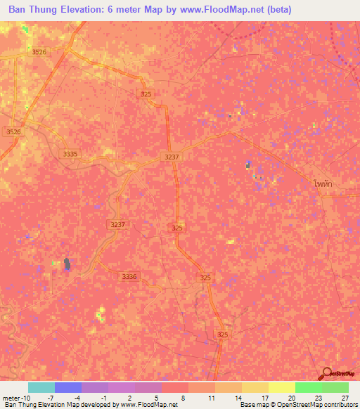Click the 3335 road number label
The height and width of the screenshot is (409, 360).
coord(70,153)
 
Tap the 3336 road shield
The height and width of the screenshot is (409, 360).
coord(129,277)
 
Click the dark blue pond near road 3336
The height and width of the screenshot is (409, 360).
coord(67,264)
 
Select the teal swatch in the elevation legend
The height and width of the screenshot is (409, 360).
coord(41,387)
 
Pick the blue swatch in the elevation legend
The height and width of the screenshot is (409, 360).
coord(68,387)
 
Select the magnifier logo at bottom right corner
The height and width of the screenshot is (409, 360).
coord(328,374)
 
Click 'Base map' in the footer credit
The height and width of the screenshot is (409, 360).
coord(252,405)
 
